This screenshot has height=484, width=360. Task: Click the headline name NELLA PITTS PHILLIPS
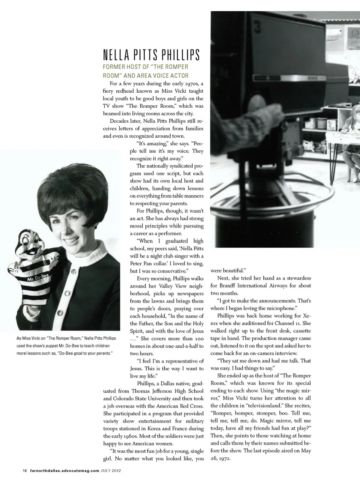(151, 55)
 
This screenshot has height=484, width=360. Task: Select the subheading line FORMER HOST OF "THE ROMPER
(145, 67)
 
